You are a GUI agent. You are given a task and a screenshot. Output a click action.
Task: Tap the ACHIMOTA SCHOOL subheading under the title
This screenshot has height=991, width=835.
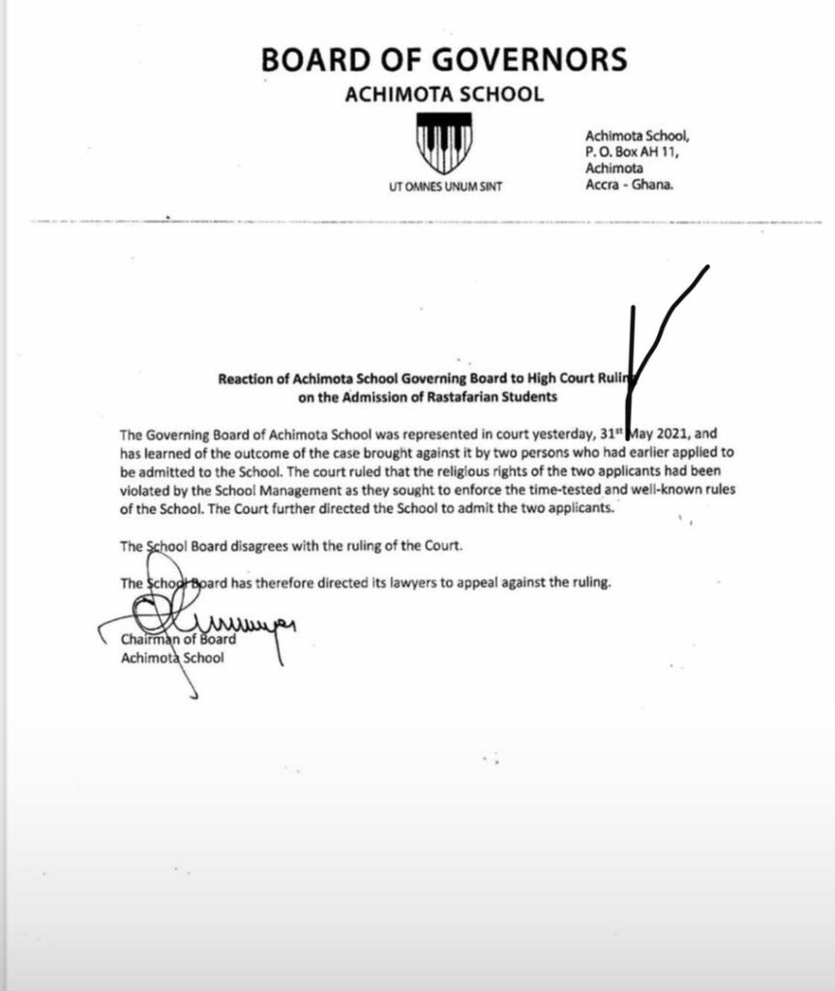pyautogui.click(x=444, y=95)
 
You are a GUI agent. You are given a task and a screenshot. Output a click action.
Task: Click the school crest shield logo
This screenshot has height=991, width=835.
pyautogui.click(x=443, y=144)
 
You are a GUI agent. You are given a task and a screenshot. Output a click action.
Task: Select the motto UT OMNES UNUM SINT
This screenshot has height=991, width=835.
pyautogui.click(x=444, y=189)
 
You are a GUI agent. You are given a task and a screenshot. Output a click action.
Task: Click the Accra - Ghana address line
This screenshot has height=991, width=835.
pyautogui.click(x=629, y=185)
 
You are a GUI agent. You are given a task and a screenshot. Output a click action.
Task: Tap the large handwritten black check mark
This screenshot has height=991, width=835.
pyautogui.click(x=648, y=339)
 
